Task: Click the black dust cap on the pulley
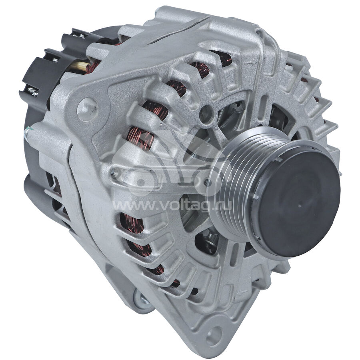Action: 296,201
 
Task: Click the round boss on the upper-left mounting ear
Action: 87,109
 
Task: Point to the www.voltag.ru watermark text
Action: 172,206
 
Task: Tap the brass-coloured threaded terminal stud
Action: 80,66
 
